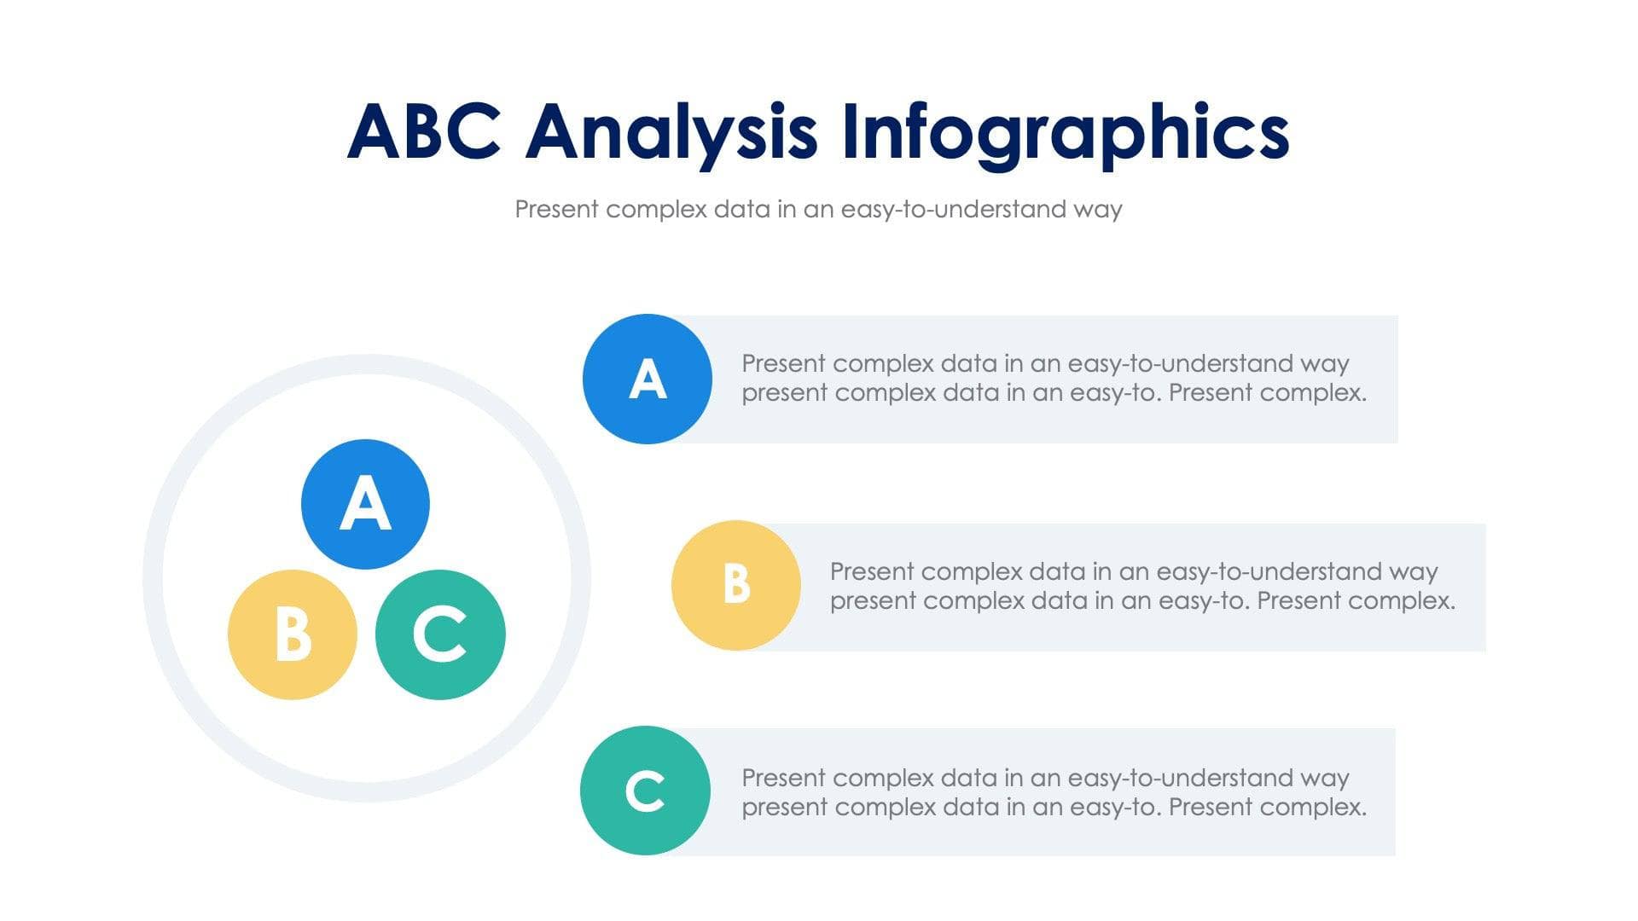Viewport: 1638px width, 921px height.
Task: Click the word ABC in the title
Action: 424,132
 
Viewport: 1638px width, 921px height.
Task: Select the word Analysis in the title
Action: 671,132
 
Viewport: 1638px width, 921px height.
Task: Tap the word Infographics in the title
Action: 1065,132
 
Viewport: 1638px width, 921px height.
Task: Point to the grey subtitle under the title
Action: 818,209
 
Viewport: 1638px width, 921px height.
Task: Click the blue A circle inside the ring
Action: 365,504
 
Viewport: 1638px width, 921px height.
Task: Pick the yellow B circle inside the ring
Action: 293,634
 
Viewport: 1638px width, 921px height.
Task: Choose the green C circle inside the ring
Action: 440,634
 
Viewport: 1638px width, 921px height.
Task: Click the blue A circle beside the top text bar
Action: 648,379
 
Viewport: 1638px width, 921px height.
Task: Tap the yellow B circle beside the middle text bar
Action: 736,585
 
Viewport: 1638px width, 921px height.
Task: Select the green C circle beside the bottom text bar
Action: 645,791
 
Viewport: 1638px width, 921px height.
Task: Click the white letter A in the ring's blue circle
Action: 365,504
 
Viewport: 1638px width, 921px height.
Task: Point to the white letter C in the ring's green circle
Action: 440,634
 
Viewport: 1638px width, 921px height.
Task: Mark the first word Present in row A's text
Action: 784,364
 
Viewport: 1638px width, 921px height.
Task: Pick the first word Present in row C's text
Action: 784,779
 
